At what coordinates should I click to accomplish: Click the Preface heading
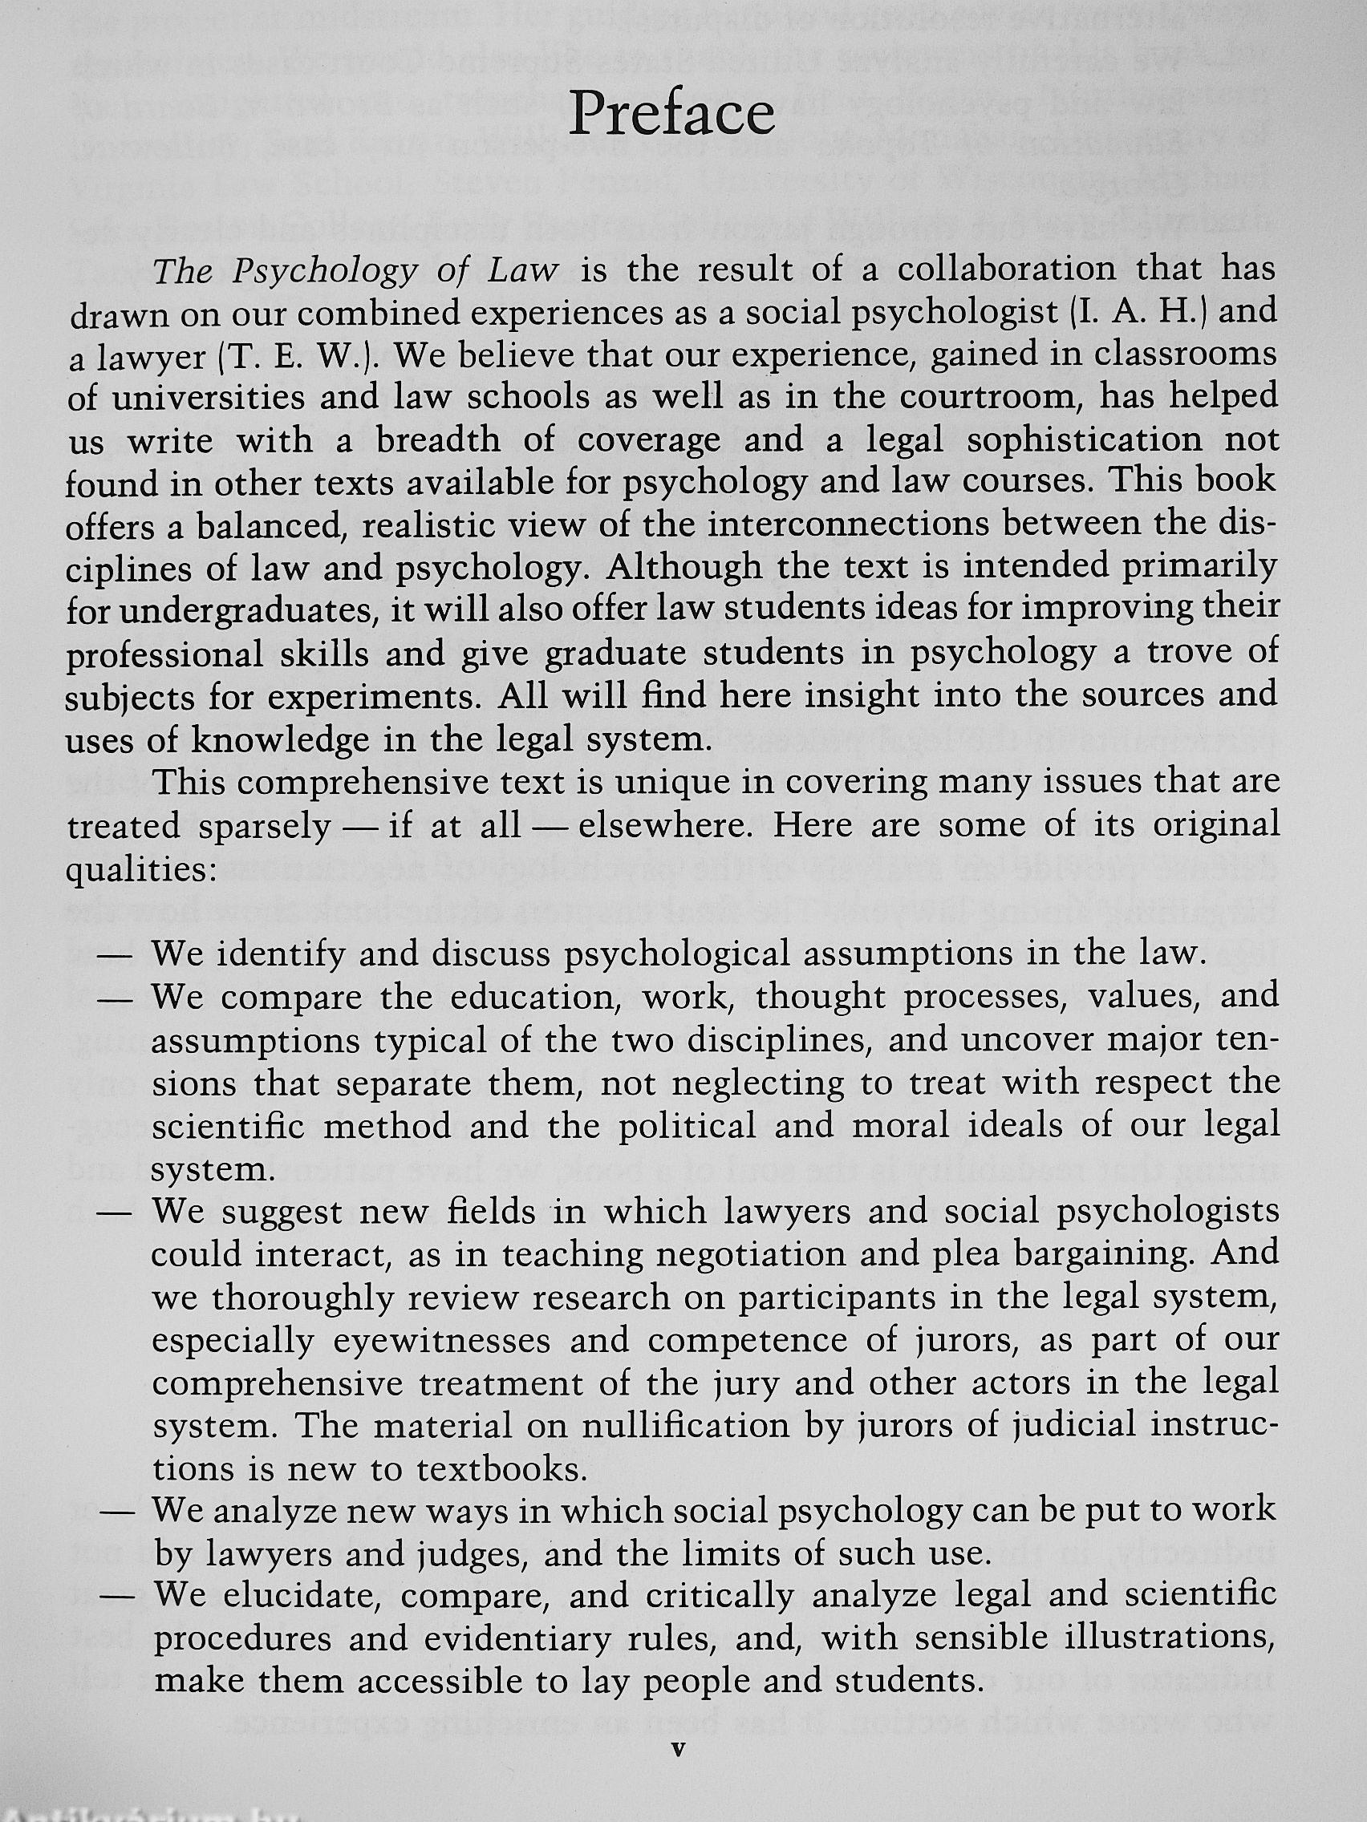[x=671, y=114]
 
